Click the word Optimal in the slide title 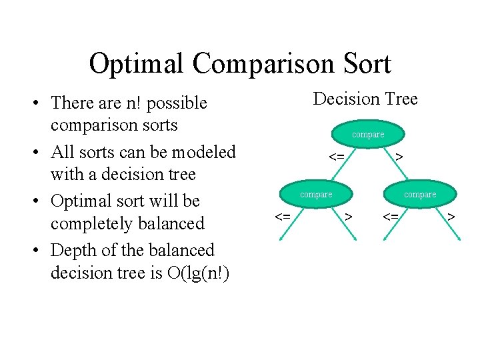(x=136, y=64)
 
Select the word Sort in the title (x=363, y=64)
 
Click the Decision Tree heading (x=365, y=99)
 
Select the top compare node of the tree (x=368, y=134)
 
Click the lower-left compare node (x=316, y=194)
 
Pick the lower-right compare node (x=420, y=194)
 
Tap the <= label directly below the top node (x=337, y=157)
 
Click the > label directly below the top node (x=398, y=157)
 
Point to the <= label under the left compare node (x=283, y=217)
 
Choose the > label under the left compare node (x=348, y=217)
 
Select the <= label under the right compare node (x=391, y=217)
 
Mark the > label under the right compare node (x=451, y=217)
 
